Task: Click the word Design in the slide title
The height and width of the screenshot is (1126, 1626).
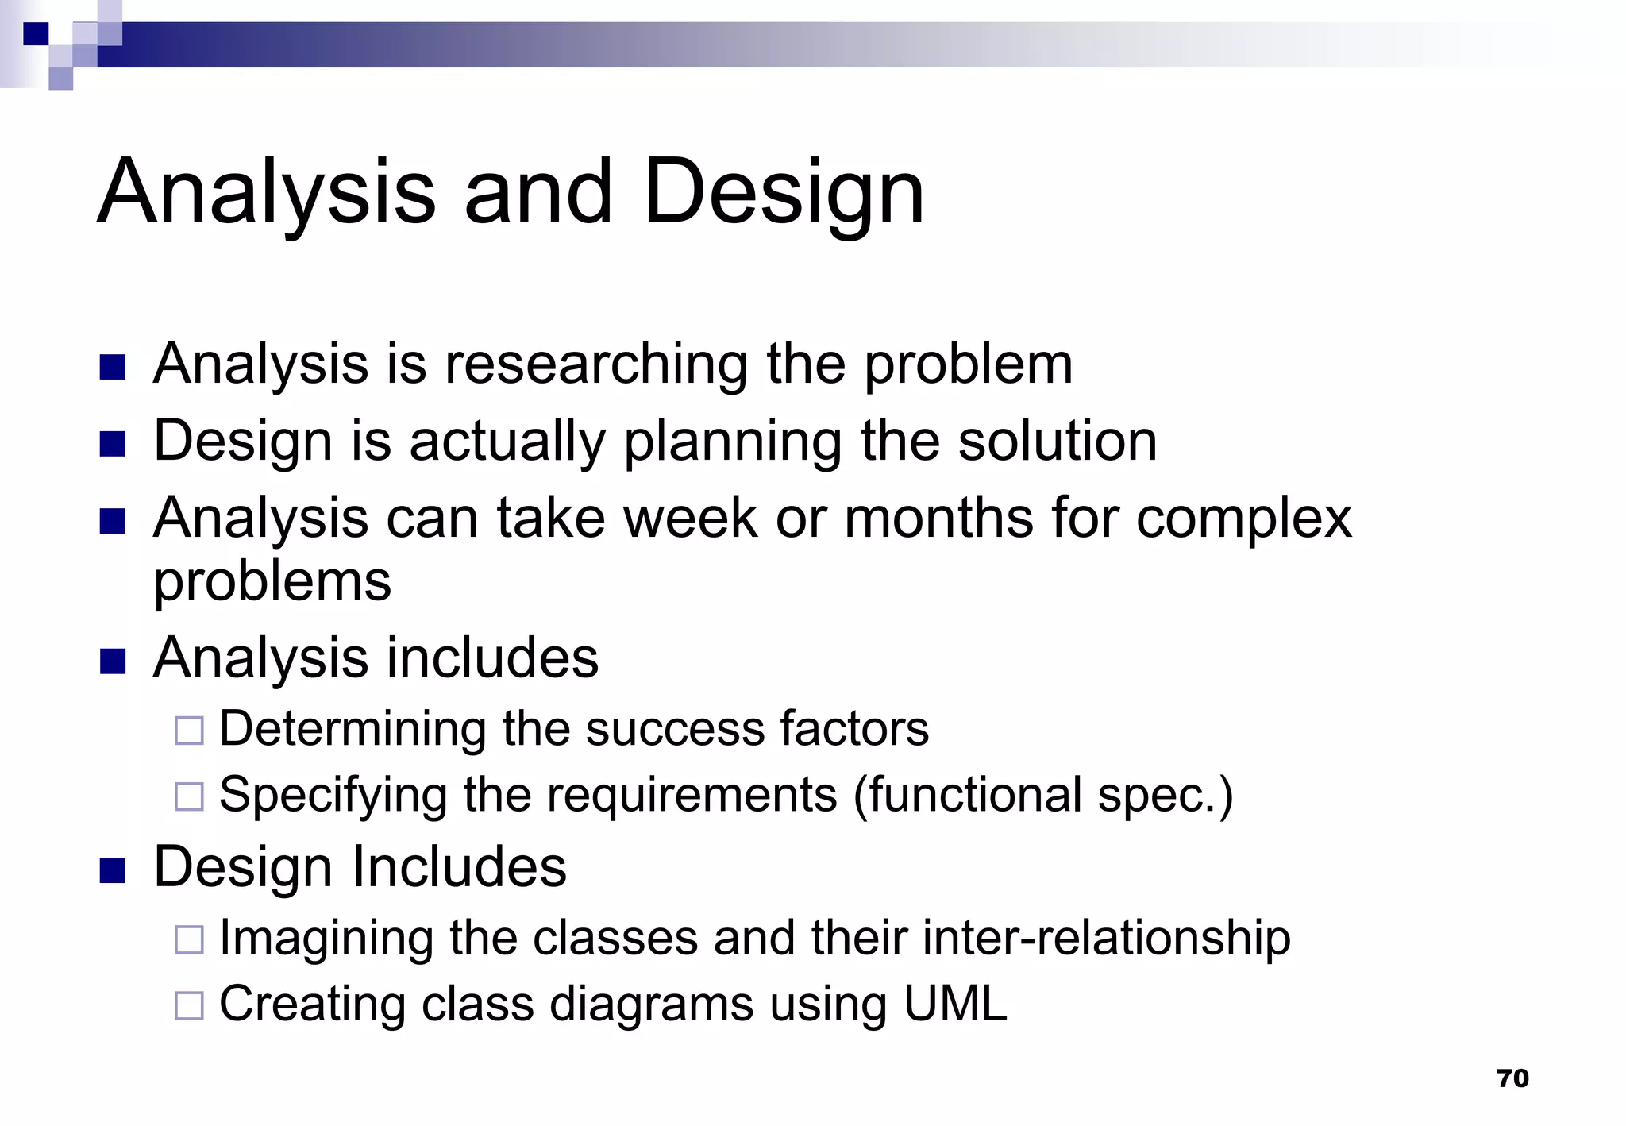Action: coord(784,193)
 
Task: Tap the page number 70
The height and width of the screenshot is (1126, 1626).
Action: coord(1512,1078)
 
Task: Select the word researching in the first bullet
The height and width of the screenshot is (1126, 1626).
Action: coord(595,364)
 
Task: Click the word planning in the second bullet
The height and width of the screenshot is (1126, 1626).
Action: coord(732,442)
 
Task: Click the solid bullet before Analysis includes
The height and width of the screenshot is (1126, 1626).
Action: coord(113,661)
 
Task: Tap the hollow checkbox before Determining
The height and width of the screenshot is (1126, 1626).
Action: coord(189,730)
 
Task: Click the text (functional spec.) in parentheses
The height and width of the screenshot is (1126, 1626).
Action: coord(1043,796)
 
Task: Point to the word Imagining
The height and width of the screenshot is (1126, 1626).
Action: coord(326,939)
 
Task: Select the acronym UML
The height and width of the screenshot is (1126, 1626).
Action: coord(955,1004)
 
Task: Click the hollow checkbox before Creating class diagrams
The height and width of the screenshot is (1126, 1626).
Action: coord(189,1005)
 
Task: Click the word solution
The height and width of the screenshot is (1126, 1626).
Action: coord(1057,442)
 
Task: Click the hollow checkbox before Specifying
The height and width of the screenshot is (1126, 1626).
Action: coord(189,796)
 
